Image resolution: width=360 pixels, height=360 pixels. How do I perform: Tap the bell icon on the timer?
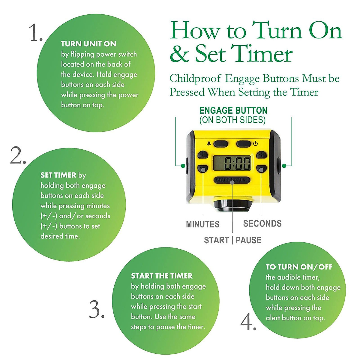coord(209,143)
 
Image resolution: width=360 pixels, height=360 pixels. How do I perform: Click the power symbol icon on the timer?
coord(255,143)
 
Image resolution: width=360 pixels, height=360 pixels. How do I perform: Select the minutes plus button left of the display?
coord(203,155)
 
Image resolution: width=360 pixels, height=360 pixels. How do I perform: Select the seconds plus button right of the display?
coord(262,155)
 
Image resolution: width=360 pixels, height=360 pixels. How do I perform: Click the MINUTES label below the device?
coord(203,224)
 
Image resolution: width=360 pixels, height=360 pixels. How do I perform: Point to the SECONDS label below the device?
coord(262,223)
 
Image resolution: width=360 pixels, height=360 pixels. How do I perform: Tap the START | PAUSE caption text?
coord(232,240)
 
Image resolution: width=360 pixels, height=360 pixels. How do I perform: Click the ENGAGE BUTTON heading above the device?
coord(233,111)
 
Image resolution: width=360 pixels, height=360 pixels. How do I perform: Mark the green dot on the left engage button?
coord(182,165)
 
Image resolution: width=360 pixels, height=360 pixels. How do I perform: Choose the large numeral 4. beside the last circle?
coord(248,322)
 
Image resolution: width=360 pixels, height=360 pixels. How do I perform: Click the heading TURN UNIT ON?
coord(88,44)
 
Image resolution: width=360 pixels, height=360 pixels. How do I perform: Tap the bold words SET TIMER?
coord(58,175)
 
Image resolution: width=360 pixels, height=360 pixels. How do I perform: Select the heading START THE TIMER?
coord(162,276)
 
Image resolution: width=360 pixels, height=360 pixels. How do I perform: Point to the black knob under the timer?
coord(232,205)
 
